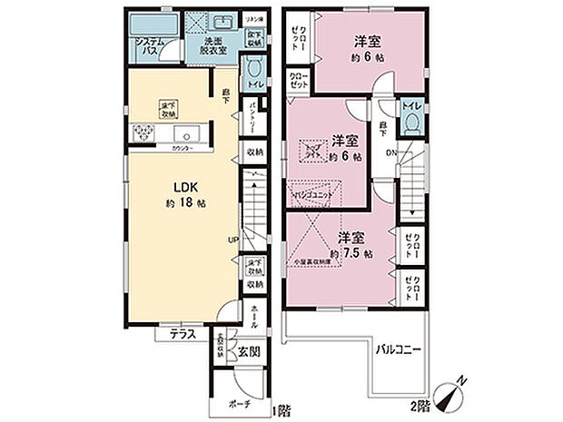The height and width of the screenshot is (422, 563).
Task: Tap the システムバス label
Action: click(x=149, y=47)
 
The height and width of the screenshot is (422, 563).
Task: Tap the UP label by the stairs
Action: click(x=233, y=240)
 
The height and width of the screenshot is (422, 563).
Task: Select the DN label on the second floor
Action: click(x=391, y=152)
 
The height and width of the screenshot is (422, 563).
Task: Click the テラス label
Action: click(x=176, y=334)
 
